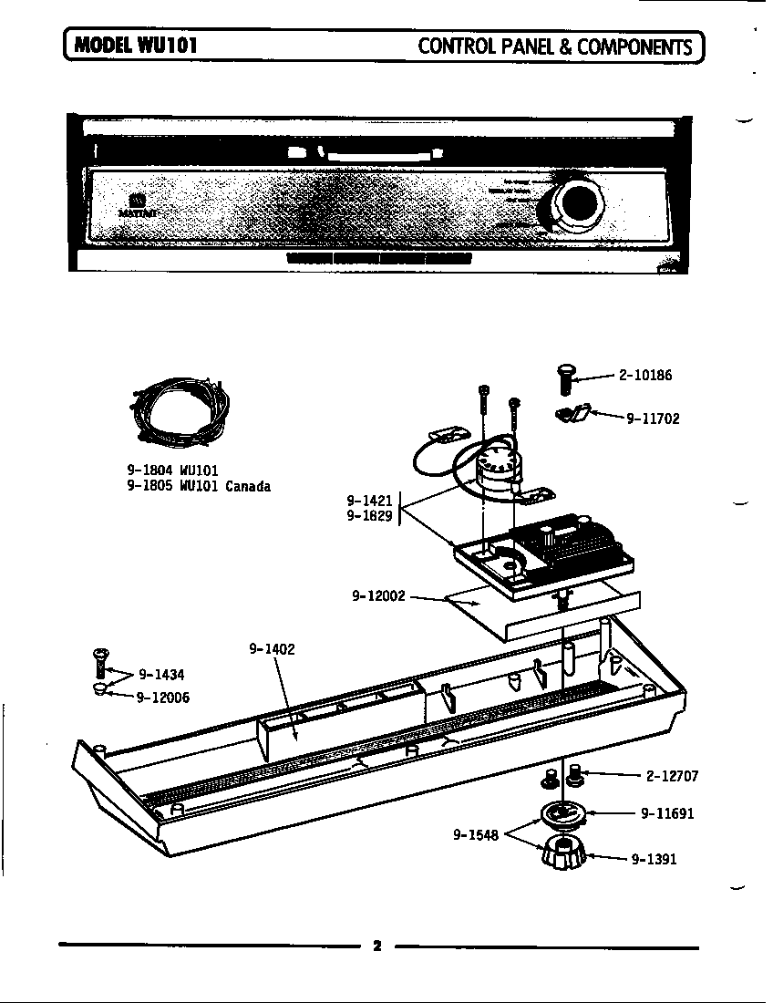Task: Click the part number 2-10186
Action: pyautogui.click(x=645, y=375)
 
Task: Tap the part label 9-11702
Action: pyautogui.click(x=652, y=419)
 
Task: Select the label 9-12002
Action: pyautogui.click(x=378, y=596)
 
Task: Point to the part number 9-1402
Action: pyautogui.click(x=272, y=649)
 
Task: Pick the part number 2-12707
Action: pyautogui.click(x=672, y=777)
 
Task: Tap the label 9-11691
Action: pyautogui.click(x=667, y=813)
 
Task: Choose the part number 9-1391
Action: pyautogui.click(x=654, y=859)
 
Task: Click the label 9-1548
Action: pyautogui.click(x=476, y=834)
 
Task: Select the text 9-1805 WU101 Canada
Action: pyautogui.click(x=199, y=486)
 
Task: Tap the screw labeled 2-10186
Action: pyautogui.click(x=563, y=378)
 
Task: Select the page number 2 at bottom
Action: pyautogui.click(x=376, y=946)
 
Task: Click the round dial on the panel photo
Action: pyautogui.click(x=575, y=204)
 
